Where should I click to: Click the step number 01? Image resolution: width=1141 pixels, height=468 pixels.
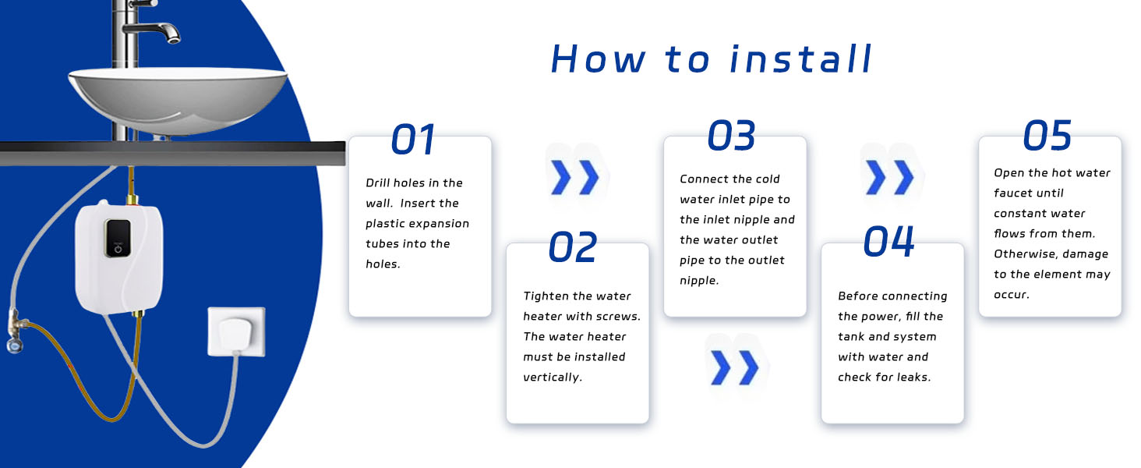pyautogui.click(x=413, y=140)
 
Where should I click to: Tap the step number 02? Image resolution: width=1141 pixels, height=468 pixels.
pyautogui.click(x=573, y=247)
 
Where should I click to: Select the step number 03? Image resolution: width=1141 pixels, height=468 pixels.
pyautogui.click(x=731, y=136)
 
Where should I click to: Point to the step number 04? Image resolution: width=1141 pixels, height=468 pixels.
pyautogui.click(x=888, y=242)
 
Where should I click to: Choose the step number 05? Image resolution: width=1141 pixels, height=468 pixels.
pyautogui.click(x=1047, y=136)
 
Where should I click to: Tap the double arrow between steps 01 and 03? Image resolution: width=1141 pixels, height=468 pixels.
pyautogui.click(x=574, y=178)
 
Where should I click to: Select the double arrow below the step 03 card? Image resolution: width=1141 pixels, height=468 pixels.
pyautogui.click(x=734, y=367)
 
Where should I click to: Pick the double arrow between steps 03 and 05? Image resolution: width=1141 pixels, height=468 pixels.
pyautogui.click(x=889, y=178)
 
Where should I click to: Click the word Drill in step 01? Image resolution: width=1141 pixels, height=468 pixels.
pyautogui.click(x=380, y=183)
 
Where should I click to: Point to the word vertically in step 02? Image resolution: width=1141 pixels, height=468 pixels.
pyautogui.click(x=553, y=378)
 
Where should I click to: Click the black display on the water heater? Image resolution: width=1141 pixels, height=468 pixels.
pyautogui.click(x=117, y=236)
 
